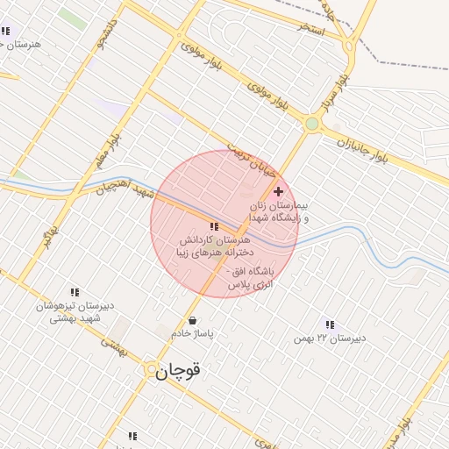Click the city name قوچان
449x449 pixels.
(x=179, y=371)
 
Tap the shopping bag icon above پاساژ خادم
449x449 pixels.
(x=192, y=320)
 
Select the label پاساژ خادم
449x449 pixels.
(x=193, y=334)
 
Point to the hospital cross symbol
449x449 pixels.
(x=279, y=191)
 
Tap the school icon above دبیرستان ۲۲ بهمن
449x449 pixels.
(x=330, y=324)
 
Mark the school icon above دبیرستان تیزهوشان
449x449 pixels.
(x=75, y=292)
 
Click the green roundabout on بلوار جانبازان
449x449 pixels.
(x=311, y=124)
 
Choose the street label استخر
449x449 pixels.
(x=311, y=28)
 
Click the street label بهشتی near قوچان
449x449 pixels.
(x=114, y=348)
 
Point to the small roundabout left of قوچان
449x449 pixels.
(x=151, y=370)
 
